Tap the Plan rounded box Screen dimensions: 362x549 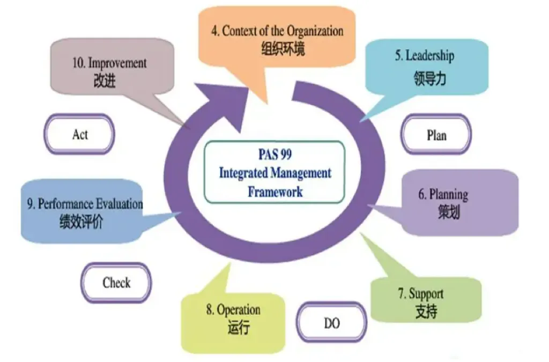(x=436, y=135)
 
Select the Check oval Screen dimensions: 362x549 (x=116, y=282)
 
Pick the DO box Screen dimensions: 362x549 (x=332, y=323)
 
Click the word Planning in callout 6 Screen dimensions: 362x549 (x=449, y=194)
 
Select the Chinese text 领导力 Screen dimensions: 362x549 (x=430, y=79)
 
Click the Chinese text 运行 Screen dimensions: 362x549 (x=239, y=328)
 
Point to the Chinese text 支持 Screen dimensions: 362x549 (x=426, y=312)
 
